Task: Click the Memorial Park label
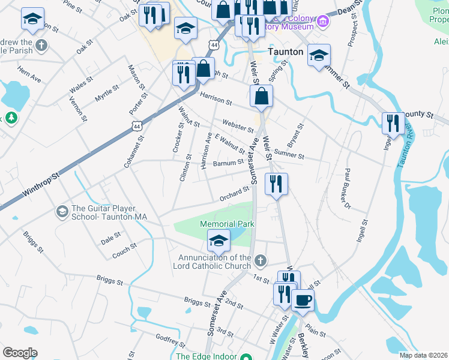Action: (x=228, y=224)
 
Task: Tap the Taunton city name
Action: (x=285, y=52)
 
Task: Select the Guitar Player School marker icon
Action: (x=62, y=212)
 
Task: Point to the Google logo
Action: (x=20, y=353)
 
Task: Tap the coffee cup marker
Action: (x=303, y=299)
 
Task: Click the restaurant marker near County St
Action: (x=393, y=124)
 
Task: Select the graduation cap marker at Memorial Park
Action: (x=218, y=241)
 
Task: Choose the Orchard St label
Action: (x=234, y=193)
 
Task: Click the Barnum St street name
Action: (x=228, y=163)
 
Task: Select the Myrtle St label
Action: (x=107, y=93)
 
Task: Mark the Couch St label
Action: (x=124, y=251)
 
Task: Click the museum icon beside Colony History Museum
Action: (x=324, y=22)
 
